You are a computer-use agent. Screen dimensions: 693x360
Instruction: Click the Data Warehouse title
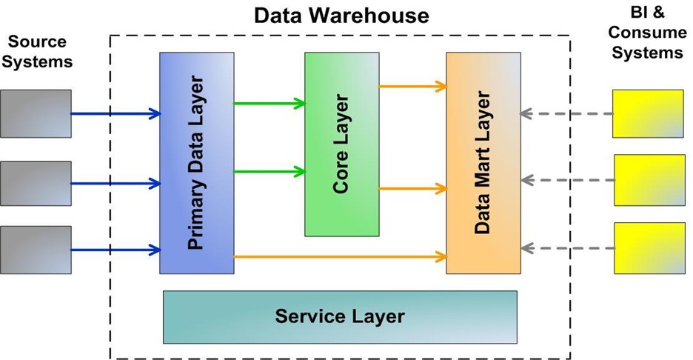tap(341, 16)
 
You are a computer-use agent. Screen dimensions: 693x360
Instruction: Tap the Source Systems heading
tap(37, 51)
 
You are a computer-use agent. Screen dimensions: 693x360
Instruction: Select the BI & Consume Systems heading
tap(648, 33)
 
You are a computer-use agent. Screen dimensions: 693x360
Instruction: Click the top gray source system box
tap(36, 113)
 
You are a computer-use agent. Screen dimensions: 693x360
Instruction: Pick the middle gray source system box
tap(36, 183)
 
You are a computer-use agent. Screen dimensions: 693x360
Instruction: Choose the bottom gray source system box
tap(36, 250)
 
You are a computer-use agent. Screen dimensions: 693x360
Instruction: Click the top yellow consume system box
tap(648, 113)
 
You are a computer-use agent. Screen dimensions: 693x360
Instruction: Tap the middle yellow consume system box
tap(650, 180)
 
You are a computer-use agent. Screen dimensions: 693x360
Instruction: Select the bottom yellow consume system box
tap(650, 248)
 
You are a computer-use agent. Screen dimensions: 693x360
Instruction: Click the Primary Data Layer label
tap(195, 163)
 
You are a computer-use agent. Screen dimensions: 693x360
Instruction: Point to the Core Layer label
tap(341, 144)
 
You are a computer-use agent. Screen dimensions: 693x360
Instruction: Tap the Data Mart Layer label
tap(482, 162)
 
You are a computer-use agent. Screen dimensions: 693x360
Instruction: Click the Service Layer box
tap(340, 316)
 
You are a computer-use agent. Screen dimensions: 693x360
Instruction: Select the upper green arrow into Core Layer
tap(269, 104)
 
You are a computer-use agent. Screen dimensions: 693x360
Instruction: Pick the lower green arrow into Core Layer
tap(269, 172)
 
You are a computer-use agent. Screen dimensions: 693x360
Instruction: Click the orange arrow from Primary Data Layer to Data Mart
tap(340, 256)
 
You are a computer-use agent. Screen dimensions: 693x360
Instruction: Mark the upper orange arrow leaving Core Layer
tap(413, 86)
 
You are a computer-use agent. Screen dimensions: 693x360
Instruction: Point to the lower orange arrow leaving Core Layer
tap(413, 189)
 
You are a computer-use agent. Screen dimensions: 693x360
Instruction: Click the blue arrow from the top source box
tap(115, 113)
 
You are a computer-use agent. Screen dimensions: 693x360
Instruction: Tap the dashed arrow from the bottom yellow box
tap(567, 248)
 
